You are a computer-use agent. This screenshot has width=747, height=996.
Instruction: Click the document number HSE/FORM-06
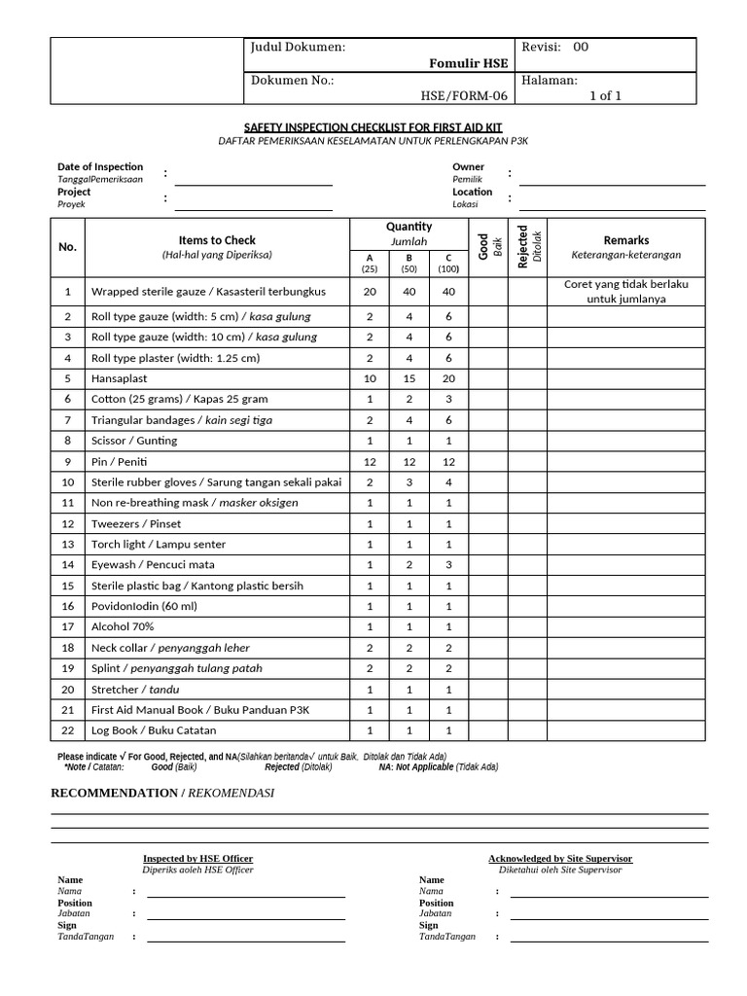[x=464, y=95]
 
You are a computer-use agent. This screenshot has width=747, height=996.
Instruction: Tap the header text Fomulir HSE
[x=468, y=63]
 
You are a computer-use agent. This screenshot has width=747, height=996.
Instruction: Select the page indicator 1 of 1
[x=605, y=95]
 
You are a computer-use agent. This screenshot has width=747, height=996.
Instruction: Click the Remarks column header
[x=626, y=240]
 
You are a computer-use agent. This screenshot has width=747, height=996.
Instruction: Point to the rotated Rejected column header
[x=525, y=248]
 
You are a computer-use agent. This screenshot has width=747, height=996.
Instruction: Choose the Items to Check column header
[x=217, y=240]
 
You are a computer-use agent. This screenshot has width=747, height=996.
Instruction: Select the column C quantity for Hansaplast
[x=448, y=378]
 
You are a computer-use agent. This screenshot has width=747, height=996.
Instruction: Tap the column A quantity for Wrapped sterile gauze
[x=370, y=292]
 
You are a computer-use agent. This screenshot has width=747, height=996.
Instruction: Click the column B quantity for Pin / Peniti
[x=409, y=462]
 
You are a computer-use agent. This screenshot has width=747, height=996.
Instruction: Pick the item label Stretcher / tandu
[x=135, y=689]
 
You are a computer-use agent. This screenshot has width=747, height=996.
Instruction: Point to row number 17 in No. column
[x=68, y=626]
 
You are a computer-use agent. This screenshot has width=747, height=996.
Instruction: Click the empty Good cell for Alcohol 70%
[x=487, y=626]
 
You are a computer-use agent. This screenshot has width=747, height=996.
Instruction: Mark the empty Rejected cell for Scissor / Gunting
[x=526, y=441]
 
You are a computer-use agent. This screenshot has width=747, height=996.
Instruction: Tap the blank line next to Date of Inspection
[x=253, y=179]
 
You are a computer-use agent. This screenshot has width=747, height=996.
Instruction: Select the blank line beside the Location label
[x=612, y=203]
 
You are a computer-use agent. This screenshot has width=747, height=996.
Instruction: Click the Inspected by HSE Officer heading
[x=197, y=859]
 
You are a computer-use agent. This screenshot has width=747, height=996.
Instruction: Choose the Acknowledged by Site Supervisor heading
[x=559, y=859]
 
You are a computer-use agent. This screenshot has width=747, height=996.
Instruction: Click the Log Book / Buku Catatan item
[x=154, y=730]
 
